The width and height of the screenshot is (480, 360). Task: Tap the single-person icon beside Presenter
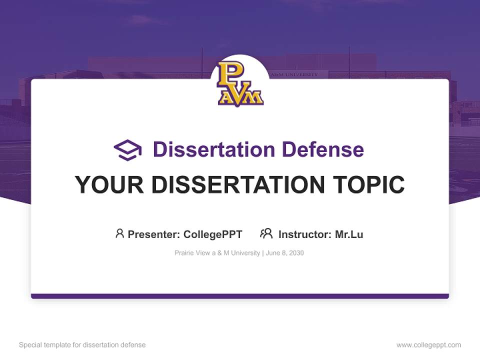(x=119, y=233)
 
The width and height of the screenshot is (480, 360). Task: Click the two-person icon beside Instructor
(x=266, y=233)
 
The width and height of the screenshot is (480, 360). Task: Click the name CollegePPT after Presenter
(x=213, y=234)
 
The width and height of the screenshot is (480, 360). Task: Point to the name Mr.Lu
(x=349, y=234)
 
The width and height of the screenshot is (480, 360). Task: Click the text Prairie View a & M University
(x=217, y=253)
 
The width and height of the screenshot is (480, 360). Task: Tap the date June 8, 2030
(x=285, y=253)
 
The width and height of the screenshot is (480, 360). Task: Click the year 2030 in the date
(x=295, y=253)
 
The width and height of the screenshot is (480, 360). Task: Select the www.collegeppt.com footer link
(x=428, y=345)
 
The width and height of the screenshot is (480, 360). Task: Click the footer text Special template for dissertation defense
(x=82, y=345)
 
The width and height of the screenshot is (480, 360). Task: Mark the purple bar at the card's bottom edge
(x=240, y=296)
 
